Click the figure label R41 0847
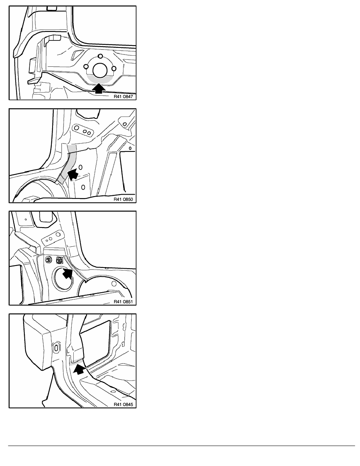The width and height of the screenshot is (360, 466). tap(123, 96)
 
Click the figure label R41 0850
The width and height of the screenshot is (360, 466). tap(123, 199)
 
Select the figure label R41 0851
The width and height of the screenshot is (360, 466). tap(123, 302)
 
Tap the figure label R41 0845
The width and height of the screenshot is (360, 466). tap(123, 404)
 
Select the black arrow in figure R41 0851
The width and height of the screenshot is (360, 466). tap(68, 273)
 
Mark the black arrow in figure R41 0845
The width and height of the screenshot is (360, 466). tap(79, 370)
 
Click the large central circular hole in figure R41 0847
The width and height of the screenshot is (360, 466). tap(100, 70)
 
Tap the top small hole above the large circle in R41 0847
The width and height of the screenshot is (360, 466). tap(100, 56)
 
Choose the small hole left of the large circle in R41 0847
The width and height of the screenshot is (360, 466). tap(86, 66)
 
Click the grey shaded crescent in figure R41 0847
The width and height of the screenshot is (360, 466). tap(100, 79)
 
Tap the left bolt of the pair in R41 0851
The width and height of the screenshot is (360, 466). tap(48, 260)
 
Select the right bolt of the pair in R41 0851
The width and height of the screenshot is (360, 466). tap(59, 260)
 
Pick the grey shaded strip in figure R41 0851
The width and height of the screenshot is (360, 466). tap(75, 268)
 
